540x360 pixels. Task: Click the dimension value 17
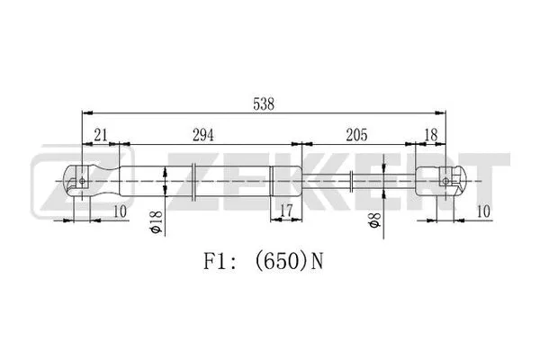coord(286,211)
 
